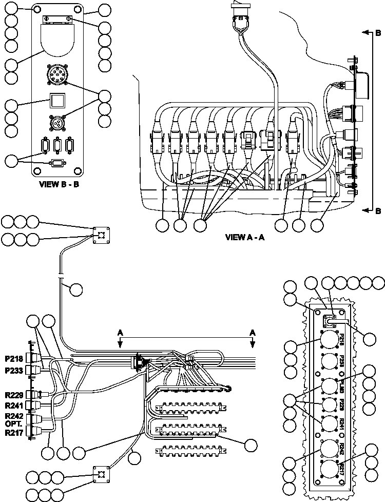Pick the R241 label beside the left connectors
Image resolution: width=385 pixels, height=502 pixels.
point(14,405)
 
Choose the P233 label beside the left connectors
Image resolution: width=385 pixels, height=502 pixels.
point(14,370)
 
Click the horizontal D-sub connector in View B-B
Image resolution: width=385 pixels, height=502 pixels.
point(56,163)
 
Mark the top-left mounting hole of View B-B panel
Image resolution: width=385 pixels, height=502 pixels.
point(37,10)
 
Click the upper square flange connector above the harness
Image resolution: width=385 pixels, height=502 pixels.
point(101,235)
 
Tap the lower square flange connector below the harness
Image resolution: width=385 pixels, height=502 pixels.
point(101,475)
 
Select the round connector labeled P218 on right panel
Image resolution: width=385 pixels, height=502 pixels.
point(328,341)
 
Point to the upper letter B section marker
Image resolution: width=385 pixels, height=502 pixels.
point(378,33)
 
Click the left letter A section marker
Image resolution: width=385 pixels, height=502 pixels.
point(120,333)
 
